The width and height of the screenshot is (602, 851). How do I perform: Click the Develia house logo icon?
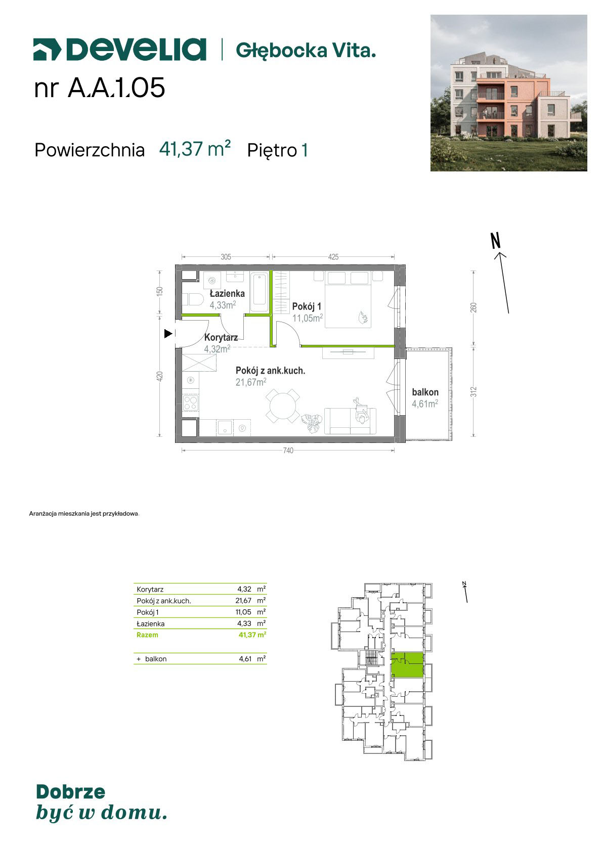point(47,50)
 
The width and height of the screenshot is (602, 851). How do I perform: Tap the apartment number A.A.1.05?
point(116,88)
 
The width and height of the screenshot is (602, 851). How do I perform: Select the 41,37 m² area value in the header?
point(195,149)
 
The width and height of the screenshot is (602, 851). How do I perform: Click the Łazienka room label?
point(227,293)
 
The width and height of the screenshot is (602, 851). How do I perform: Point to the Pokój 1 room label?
point(307,306)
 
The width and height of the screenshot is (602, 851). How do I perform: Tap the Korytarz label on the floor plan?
point(221,337)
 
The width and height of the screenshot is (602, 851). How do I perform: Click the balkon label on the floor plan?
point(425,392)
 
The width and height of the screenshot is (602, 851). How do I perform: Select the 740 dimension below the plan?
point(288,450)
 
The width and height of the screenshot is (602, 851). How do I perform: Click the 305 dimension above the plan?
point(226,257)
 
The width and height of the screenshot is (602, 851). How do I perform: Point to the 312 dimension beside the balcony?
point(473,392)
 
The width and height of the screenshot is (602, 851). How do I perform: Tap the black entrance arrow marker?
point(168,334)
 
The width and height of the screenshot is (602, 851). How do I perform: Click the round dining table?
point(282,406)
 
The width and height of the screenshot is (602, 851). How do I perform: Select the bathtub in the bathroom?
point(260,292)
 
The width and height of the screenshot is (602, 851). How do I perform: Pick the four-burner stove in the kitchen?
point(190,402)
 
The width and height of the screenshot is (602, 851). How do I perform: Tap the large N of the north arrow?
point(496,241)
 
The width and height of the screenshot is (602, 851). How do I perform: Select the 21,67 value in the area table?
point(243,601)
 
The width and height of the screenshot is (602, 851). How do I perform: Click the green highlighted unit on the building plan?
point(407,665)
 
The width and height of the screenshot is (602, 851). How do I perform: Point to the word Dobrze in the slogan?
point(70,792)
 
